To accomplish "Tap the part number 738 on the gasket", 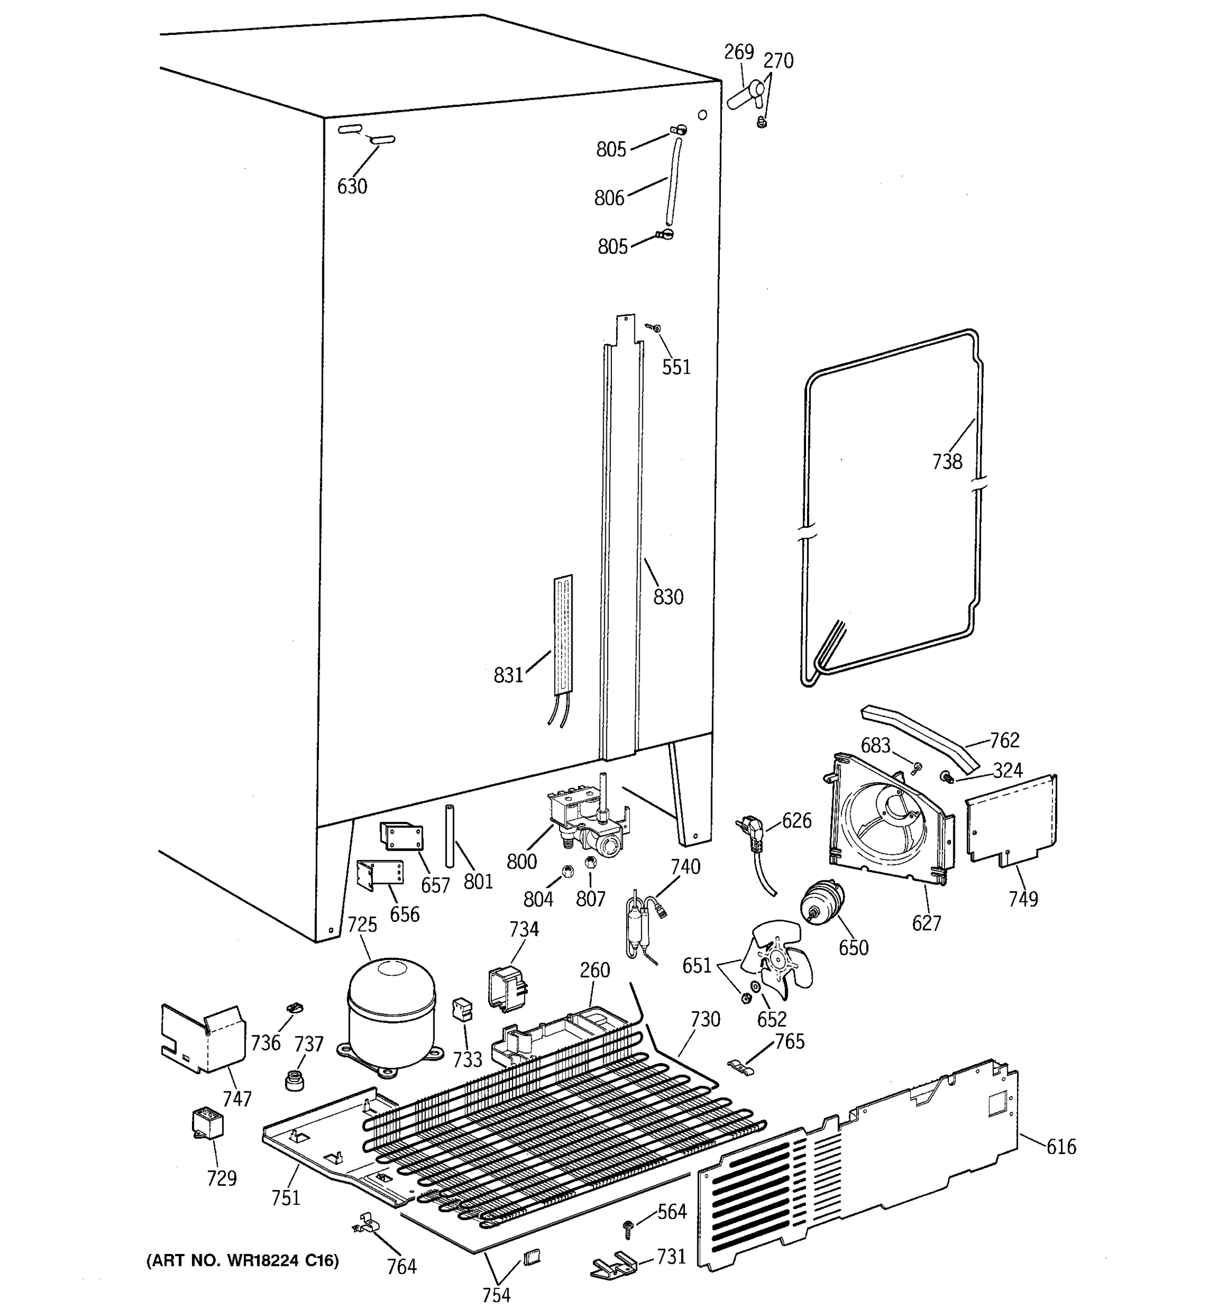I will [947, 462].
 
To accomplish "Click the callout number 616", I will [1061, 1147].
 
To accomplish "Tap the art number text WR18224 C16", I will [242, 1261].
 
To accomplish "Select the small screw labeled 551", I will [655, 327].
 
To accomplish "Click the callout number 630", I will [352, 187].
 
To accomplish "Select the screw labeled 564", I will [627, 1227].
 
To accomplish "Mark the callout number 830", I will [668, 597].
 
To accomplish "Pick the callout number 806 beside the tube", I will [609, 198].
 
